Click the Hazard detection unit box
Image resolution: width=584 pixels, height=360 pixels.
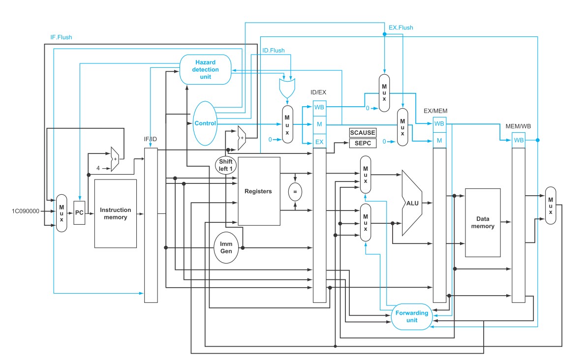[x=205, y=70]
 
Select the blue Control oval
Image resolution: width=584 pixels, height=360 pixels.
[x=205, y=123]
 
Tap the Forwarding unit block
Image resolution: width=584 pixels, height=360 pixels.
[x=412, y=316]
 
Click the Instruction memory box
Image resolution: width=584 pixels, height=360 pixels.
[x=116, y=214]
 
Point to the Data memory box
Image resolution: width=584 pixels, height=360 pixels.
[x=483, y=223]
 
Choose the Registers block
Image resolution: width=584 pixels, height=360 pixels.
[x=259, y=191]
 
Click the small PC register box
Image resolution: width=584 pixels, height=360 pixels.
[x=79, y=212]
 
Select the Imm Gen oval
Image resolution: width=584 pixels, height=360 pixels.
[x=226, y=247]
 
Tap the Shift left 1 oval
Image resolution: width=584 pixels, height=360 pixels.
[x=226, y=165]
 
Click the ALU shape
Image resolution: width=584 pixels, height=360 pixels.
[x=412, y=203]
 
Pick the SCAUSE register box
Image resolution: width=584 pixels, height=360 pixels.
[x=363, y=132]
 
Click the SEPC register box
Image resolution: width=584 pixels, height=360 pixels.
[x=363, y=143]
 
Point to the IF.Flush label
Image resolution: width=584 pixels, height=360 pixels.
[x=61, y=37]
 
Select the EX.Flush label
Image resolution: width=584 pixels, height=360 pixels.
[x=401, y=28]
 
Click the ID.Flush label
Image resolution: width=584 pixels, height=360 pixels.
[x=274, y=50]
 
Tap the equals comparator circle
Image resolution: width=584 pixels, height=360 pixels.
[x=295, y=192]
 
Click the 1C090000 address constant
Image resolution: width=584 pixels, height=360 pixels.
[x=25, y=211]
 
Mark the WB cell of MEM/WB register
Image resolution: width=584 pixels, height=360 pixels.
[x=519, y=140]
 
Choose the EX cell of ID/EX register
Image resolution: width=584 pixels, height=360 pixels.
[x=319, y=142]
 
